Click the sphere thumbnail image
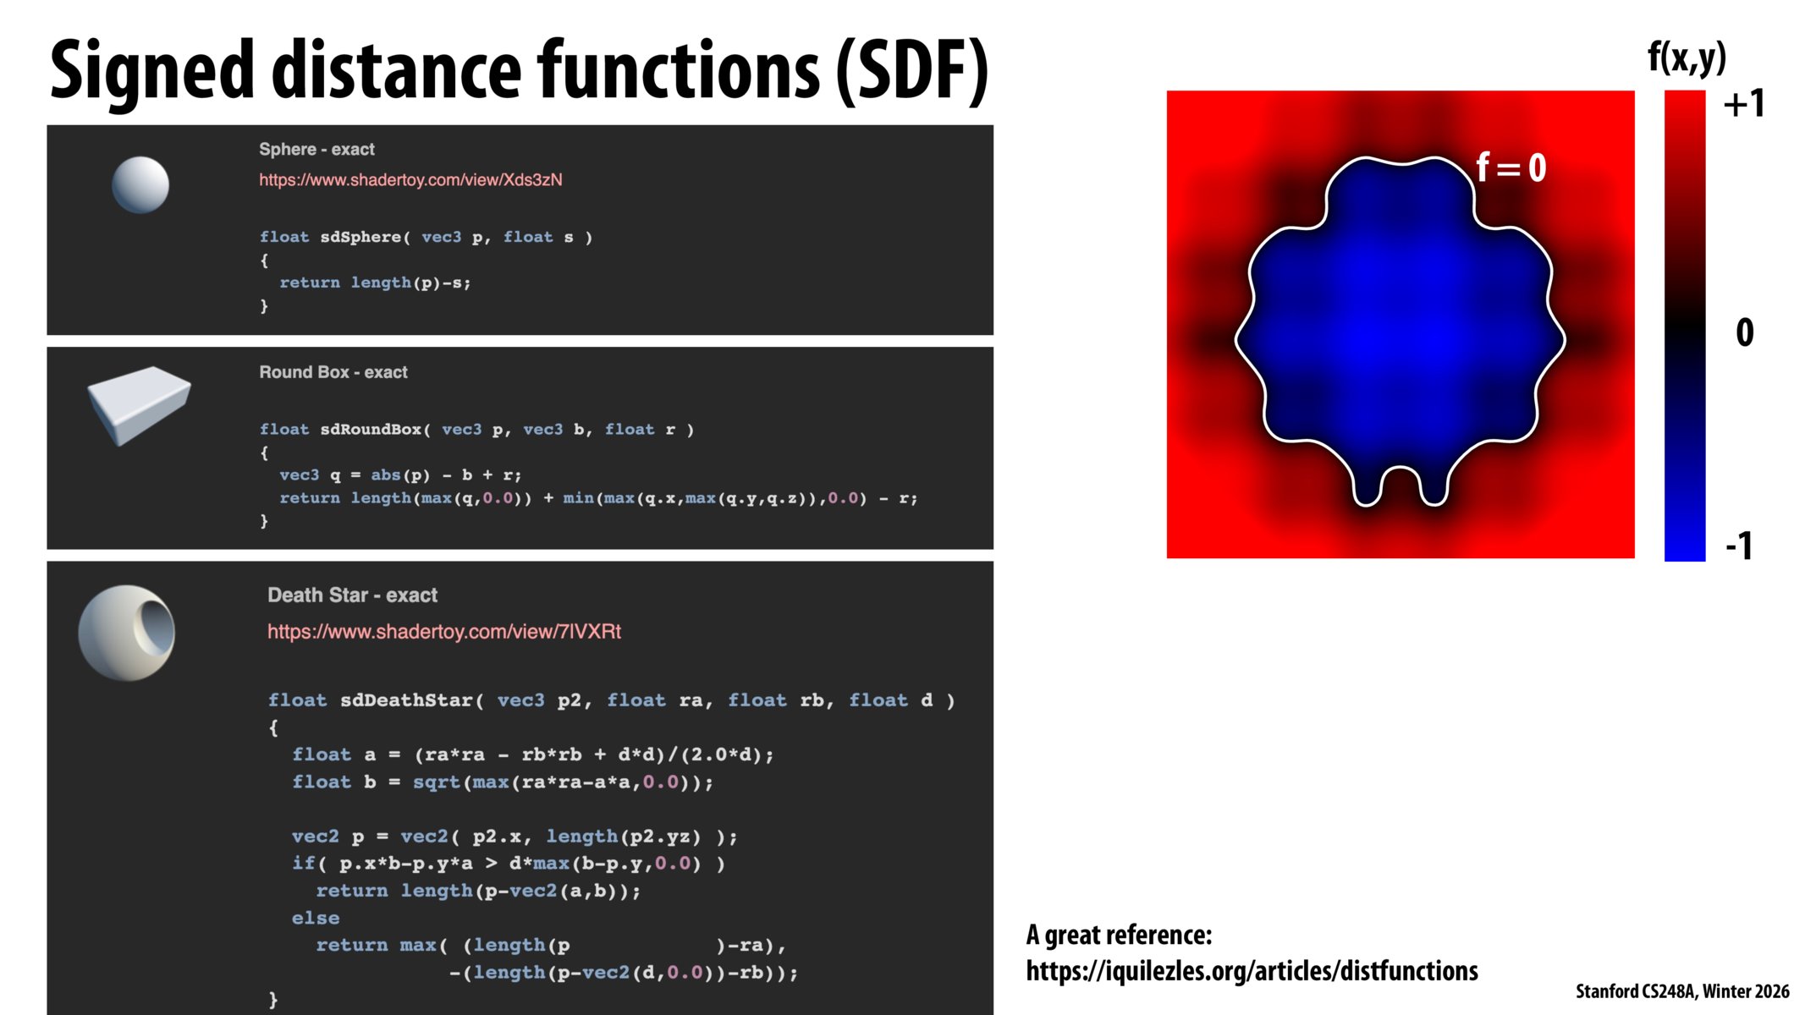(x=140, y=184)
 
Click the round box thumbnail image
(x=139, y=404)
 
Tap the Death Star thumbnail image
(x=127, y=633)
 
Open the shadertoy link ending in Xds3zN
(x=410, y=180)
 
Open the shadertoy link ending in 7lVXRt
(x=444, y=632)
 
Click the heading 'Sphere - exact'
(x=316, y=150)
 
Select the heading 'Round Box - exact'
(x=333, y=372)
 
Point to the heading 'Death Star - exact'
(x=352, y=595)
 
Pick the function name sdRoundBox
(x=370, y=430)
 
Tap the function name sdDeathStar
(x=406, y=700)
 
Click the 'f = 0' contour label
(x=1511, y=167)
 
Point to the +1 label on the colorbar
(x=1743, y=104)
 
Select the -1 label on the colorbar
(x=1739, y=546)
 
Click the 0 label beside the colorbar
(x=1744, y=332)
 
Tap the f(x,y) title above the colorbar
(x=1686, y=58)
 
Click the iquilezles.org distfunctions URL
(x=1252, y=970)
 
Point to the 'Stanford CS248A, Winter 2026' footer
(x=1681, y=991)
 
